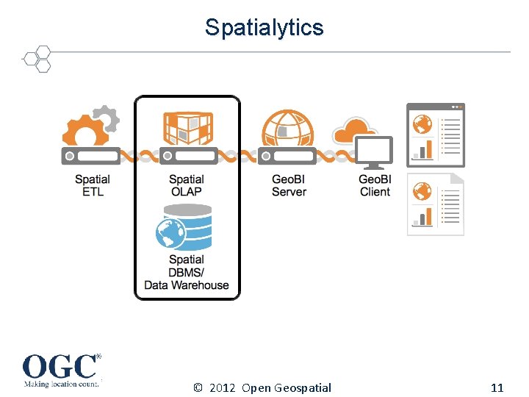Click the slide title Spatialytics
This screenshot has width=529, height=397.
pyautogui.click(x=264, y=27)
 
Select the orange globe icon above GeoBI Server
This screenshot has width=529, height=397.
pyautogui.click(x=289, y=128)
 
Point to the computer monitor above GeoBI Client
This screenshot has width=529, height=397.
pyautogui.click(x=375, y=153)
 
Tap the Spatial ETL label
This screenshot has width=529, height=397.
pyautogui.click(x=93, y=185)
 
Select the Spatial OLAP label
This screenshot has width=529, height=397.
pyautogui.click(x=187, y=185)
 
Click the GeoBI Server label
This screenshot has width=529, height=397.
pyautogui.click(x=289, y=185)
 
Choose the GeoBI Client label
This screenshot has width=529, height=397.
pyautogui.click(x=375, y=185)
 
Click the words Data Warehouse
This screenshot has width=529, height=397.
pyautogui.click(x=187, y=285)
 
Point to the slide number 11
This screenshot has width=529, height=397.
pyautogui.click(x=497, y=387)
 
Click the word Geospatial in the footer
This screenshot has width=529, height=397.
pyautogui.click(x=303, y=387)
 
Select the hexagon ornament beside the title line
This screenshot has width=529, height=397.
pyautogui.click(x=37, y=59)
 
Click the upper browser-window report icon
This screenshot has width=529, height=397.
pyautogui.click(x=436, y=135)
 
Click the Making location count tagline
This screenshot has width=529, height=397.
pyautogui.click(x=60, y=383)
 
